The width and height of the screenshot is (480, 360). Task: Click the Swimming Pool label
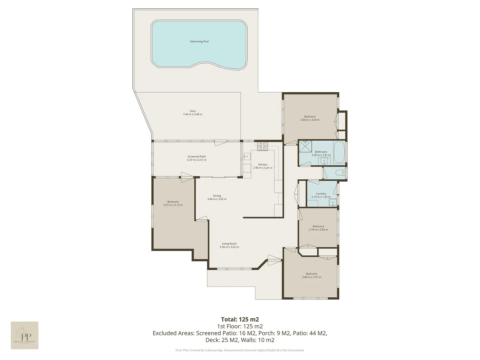click(x=199, y=42)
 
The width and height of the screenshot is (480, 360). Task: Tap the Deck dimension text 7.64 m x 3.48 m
click(x=192, y=114)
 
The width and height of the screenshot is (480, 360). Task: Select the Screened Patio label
click(x=197, y=156)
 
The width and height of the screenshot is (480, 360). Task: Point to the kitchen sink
click(x=247, y=156)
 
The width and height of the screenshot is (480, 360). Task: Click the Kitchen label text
click(x=263, y=165)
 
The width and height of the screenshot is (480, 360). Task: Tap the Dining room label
click(x=217, y=196)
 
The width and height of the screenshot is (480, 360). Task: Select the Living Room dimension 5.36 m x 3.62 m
click(x=229, y=247)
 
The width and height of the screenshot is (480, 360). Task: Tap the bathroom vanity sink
click(x=324, y=162)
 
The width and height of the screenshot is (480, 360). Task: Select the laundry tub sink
click(x=333, y=203)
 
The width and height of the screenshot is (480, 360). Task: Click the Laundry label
click(x=321, y=194)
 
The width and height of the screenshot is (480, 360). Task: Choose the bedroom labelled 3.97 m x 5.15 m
click(x=173, y=205)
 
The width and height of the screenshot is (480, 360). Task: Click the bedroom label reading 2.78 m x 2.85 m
click(x=318, y=230)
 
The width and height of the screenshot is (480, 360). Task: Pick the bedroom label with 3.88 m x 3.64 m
click(x=310, y=120)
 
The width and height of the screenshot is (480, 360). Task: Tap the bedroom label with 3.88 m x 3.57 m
click(x=311, y=277)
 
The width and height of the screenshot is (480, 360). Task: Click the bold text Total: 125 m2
click(x=240, y=319)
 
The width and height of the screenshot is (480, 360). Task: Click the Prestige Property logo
click(x=24, y=335)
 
